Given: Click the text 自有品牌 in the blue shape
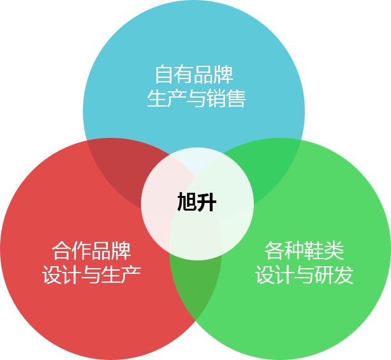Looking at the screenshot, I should [x=194, y=75].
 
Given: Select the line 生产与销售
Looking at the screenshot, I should [x=196, y=99].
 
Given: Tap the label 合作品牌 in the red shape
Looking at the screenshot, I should [x=91, y=250].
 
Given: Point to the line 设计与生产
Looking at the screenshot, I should [x=91, y=275].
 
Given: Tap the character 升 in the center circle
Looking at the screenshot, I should [x=207, y=204].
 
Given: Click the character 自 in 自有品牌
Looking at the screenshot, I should [x=165, y=75].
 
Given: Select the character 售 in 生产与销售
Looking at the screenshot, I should [x=235, y=99].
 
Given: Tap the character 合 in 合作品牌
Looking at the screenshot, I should [x=62, y=250].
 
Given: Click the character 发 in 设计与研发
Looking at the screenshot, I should [x=344, y=275].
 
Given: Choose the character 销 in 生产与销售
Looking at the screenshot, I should [x=216, y=99].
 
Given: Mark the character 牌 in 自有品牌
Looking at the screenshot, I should [x=223, y=75].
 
